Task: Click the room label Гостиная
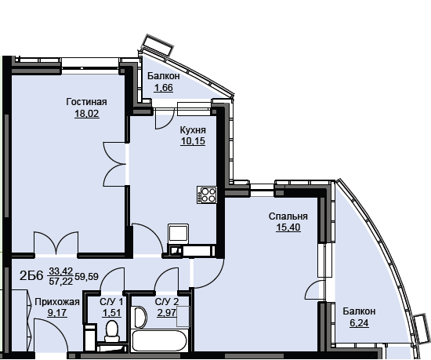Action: pos(86,102)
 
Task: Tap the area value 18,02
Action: pos(86,113)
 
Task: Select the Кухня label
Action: pos(193,130)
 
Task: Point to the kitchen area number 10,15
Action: pos(193,141)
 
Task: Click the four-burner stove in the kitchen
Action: pos(207,195)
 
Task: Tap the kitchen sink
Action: pos(179,234)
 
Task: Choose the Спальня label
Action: pos(288,216)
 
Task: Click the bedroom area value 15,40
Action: pos(288,227)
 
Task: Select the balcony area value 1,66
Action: pos(164,88)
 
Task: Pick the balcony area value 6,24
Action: pos(359,322)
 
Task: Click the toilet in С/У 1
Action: pos(112,330)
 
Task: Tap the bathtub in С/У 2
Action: pos(160,341)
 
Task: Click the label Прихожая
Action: pos(57,302)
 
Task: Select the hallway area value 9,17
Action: pos(57,313)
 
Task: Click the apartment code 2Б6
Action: pos(31,276)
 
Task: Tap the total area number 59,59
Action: pos(86,276)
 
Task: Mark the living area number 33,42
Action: pos(61,271)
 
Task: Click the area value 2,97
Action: pos(167,313)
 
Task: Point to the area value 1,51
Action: pos(111,313)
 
